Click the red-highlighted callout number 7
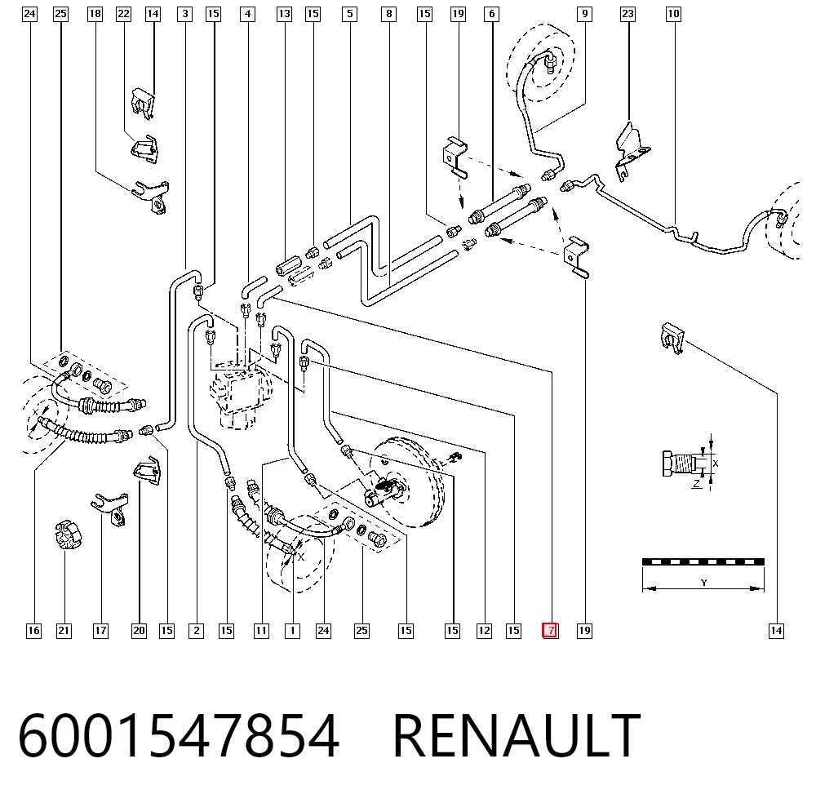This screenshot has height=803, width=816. [550, 631]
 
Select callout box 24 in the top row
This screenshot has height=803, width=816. [30, 14]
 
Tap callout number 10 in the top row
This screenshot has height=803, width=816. [673, 14]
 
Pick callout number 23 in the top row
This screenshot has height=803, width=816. [628, 14]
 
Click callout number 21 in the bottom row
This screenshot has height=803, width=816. [64, 631]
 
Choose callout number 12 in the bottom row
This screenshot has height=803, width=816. [484, 631]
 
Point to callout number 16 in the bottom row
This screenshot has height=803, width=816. [33, 631]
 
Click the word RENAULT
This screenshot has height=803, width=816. [517, 736]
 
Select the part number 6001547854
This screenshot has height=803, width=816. [179, 736]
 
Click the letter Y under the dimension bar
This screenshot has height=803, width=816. [703, 583]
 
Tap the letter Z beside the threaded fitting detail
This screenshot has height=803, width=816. [696, 484]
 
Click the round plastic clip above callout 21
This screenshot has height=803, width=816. [69, 535]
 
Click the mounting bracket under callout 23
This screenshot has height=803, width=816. [632, 152]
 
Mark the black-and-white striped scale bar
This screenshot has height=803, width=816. [703, 561]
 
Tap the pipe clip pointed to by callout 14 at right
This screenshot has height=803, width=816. [672, 338]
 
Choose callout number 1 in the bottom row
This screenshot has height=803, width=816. [292, 631]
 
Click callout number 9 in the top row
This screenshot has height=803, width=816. [585, 14]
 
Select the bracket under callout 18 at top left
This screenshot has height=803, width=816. [152, 197]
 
